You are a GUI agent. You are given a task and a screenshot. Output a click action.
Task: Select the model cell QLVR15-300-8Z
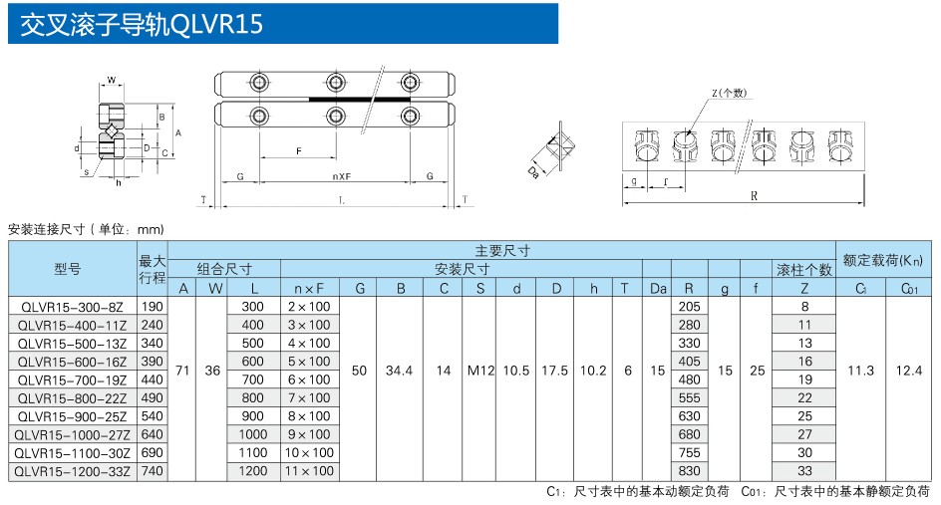tap(73, 307)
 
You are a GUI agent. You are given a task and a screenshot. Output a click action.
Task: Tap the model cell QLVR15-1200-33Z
tap(73, 470)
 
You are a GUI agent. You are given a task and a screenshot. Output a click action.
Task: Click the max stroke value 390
tap(152, 362)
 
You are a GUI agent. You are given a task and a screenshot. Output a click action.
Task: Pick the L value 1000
tap(253, 434)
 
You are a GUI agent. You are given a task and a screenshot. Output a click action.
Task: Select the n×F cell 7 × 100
tap(309, 397)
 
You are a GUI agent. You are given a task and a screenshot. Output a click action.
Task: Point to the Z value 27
tap(804, 434)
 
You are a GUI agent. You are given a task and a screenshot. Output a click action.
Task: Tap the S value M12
tap(480, 371)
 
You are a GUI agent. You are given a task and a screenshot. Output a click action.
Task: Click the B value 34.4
tap(399, 371)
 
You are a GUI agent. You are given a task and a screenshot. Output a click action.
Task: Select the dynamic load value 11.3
tap(860, 371)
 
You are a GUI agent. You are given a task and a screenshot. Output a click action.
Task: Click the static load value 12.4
tap(908, 371)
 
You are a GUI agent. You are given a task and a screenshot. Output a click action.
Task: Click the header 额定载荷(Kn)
tap(883, 260)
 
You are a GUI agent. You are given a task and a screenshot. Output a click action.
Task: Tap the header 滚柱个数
tap(804, 269)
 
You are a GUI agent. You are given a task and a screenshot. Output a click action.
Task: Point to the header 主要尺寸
tap(502, 250)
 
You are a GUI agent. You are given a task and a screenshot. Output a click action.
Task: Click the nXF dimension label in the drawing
tap(340, 176)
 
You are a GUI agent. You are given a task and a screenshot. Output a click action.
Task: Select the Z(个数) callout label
tap(729, 93)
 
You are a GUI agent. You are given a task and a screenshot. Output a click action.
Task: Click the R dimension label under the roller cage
tap(754, 196)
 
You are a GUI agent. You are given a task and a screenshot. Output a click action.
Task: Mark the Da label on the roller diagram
tap(535, 171)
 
